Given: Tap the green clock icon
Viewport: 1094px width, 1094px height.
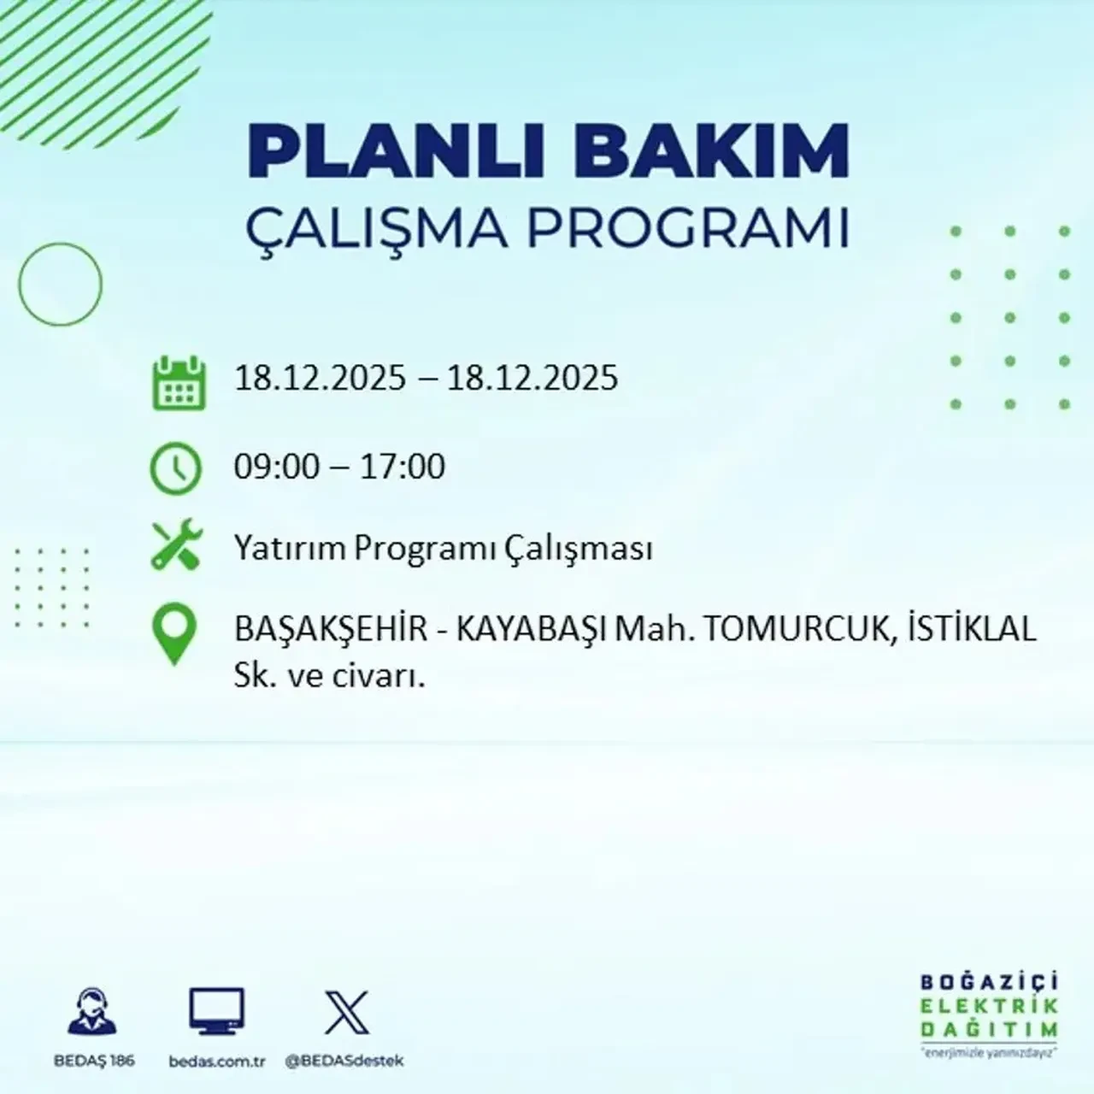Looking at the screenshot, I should (x=176, y=468).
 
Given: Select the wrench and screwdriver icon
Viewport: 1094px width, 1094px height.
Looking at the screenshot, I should (x=176, y=546).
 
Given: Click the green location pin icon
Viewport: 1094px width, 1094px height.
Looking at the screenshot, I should (x=174, y=634).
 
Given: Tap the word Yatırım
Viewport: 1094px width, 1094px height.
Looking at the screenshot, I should (x=291, y=549).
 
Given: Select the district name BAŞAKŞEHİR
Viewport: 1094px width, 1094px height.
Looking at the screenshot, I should (x=331, y=630).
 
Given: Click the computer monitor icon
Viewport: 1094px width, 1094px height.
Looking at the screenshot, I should (x=216, y=1011).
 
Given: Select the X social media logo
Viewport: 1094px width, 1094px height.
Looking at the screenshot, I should (x=346, y=1012).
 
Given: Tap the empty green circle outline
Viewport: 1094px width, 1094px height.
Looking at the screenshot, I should (x=60, y=284).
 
